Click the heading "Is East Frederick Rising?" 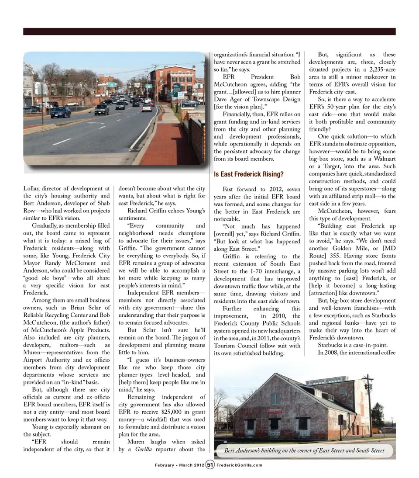pyautogui.click(x=249, y=174)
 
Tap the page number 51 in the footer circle pyautogui.click(x=210, y=464)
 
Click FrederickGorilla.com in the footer pyautogui.click(x=240, y=465)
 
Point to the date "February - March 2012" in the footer pyautogui.click(x=179, y=465)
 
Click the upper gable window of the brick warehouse pyautogui.click(x=275, y=398)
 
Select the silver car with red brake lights pyautogui.click(x=147, y=107)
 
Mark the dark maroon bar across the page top pyautogui.click(x=209, y=31)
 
